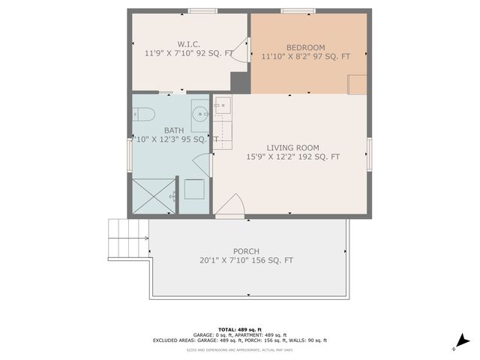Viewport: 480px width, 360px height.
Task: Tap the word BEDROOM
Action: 305,46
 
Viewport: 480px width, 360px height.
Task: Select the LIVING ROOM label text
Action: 292,148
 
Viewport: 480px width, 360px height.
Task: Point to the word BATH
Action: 173,130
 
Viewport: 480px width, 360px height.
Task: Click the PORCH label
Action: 246,251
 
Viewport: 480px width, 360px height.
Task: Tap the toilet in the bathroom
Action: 143,115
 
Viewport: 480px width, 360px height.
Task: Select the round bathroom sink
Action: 200,115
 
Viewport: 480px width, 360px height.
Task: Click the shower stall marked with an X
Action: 153,196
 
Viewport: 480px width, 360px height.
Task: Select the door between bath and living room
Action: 202,164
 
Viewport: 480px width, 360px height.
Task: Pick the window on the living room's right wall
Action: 369,154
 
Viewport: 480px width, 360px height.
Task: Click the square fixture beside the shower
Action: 193,189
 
